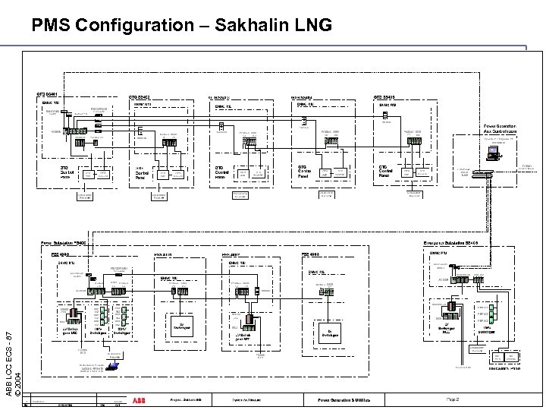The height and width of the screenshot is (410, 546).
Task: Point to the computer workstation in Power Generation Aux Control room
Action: (x=494, y=154)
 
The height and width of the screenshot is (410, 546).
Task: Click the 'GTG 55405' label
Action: (x=385, y=97)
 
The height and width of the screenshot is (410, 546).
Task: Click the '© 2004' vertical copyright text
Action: (x=28, y=377)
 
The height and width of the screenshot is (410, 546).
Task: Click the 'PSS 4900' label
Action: (x=61, y=254)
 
